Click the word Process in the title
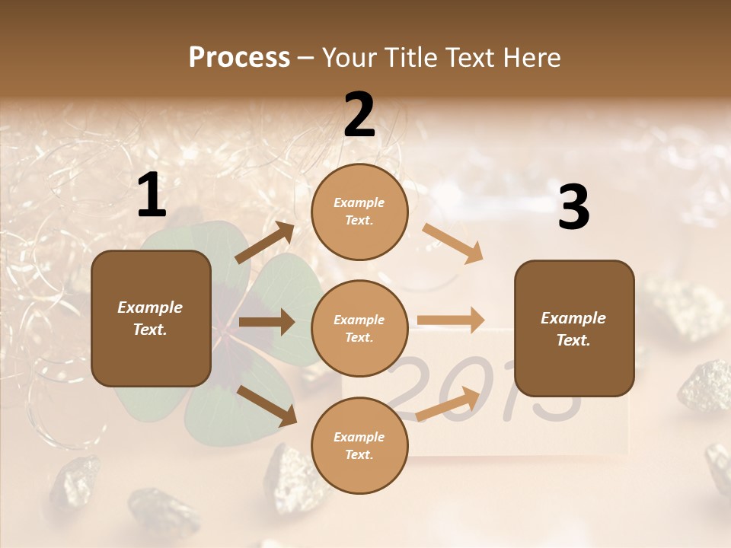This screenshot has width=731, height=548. pyautogui.click(x=239, y=58)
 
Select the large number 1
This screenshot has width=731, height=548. pyautogui.click(x=152, y=196)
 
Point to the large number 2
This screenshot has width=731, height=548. pyautogui.click(x=359, y=115)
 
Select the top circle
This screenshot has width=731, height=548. pyautogui.click(x=359, y=212)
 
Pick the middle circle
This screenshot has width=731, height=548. pyautogui.click(x=359, y=328)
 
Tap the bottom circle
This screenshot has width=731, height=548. pyautogui.click(x=359, y=445)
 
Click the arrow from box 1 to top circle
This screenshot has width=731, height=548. pyautogui.click(x=265, y=243)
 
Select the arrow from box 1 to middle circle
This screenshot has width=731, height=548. pyautogui.click(x=267, y=322)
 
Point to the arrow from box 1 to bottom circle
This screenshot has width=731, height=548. pyautogui.click(x=267, y=405)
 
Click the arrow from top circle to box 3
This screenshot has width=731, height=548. pyautogui.click(x=452, y=243)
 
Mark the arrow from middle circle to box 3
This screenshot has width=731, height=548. pyautogui.click(x=451, y=320)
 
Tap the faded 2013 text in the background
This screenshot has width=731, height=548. pyautogui.click(x=487, y=388)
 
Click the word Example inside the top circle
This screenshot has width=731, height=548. pyautogui.click(x=359, y=202)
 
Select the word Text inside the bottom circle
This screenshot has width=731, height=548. pyautogui.click(x=358, y=454)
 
